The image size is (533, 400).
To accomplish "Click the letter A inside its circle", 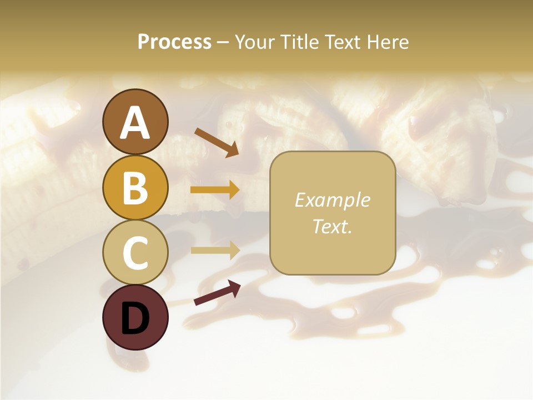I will click(135, 123).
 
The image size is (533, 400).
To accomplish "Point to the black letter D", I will click(135, 318).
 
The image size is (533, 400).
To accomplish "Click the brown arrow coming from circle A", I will click(216, 142).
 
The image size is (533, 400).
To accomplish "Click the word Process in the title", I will click(174, 42).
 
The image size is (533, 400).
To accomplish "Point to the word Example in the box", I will click(332, 200).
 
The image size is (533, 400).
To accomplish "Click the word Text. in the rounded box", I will click(332, 226).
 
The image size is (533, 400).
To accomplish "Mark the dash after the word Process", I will click(223, 43).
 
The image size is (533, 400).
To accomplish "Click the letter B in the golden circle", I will click(135, 188).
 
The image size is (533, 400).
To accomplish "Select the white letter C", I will click(135, 253).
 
